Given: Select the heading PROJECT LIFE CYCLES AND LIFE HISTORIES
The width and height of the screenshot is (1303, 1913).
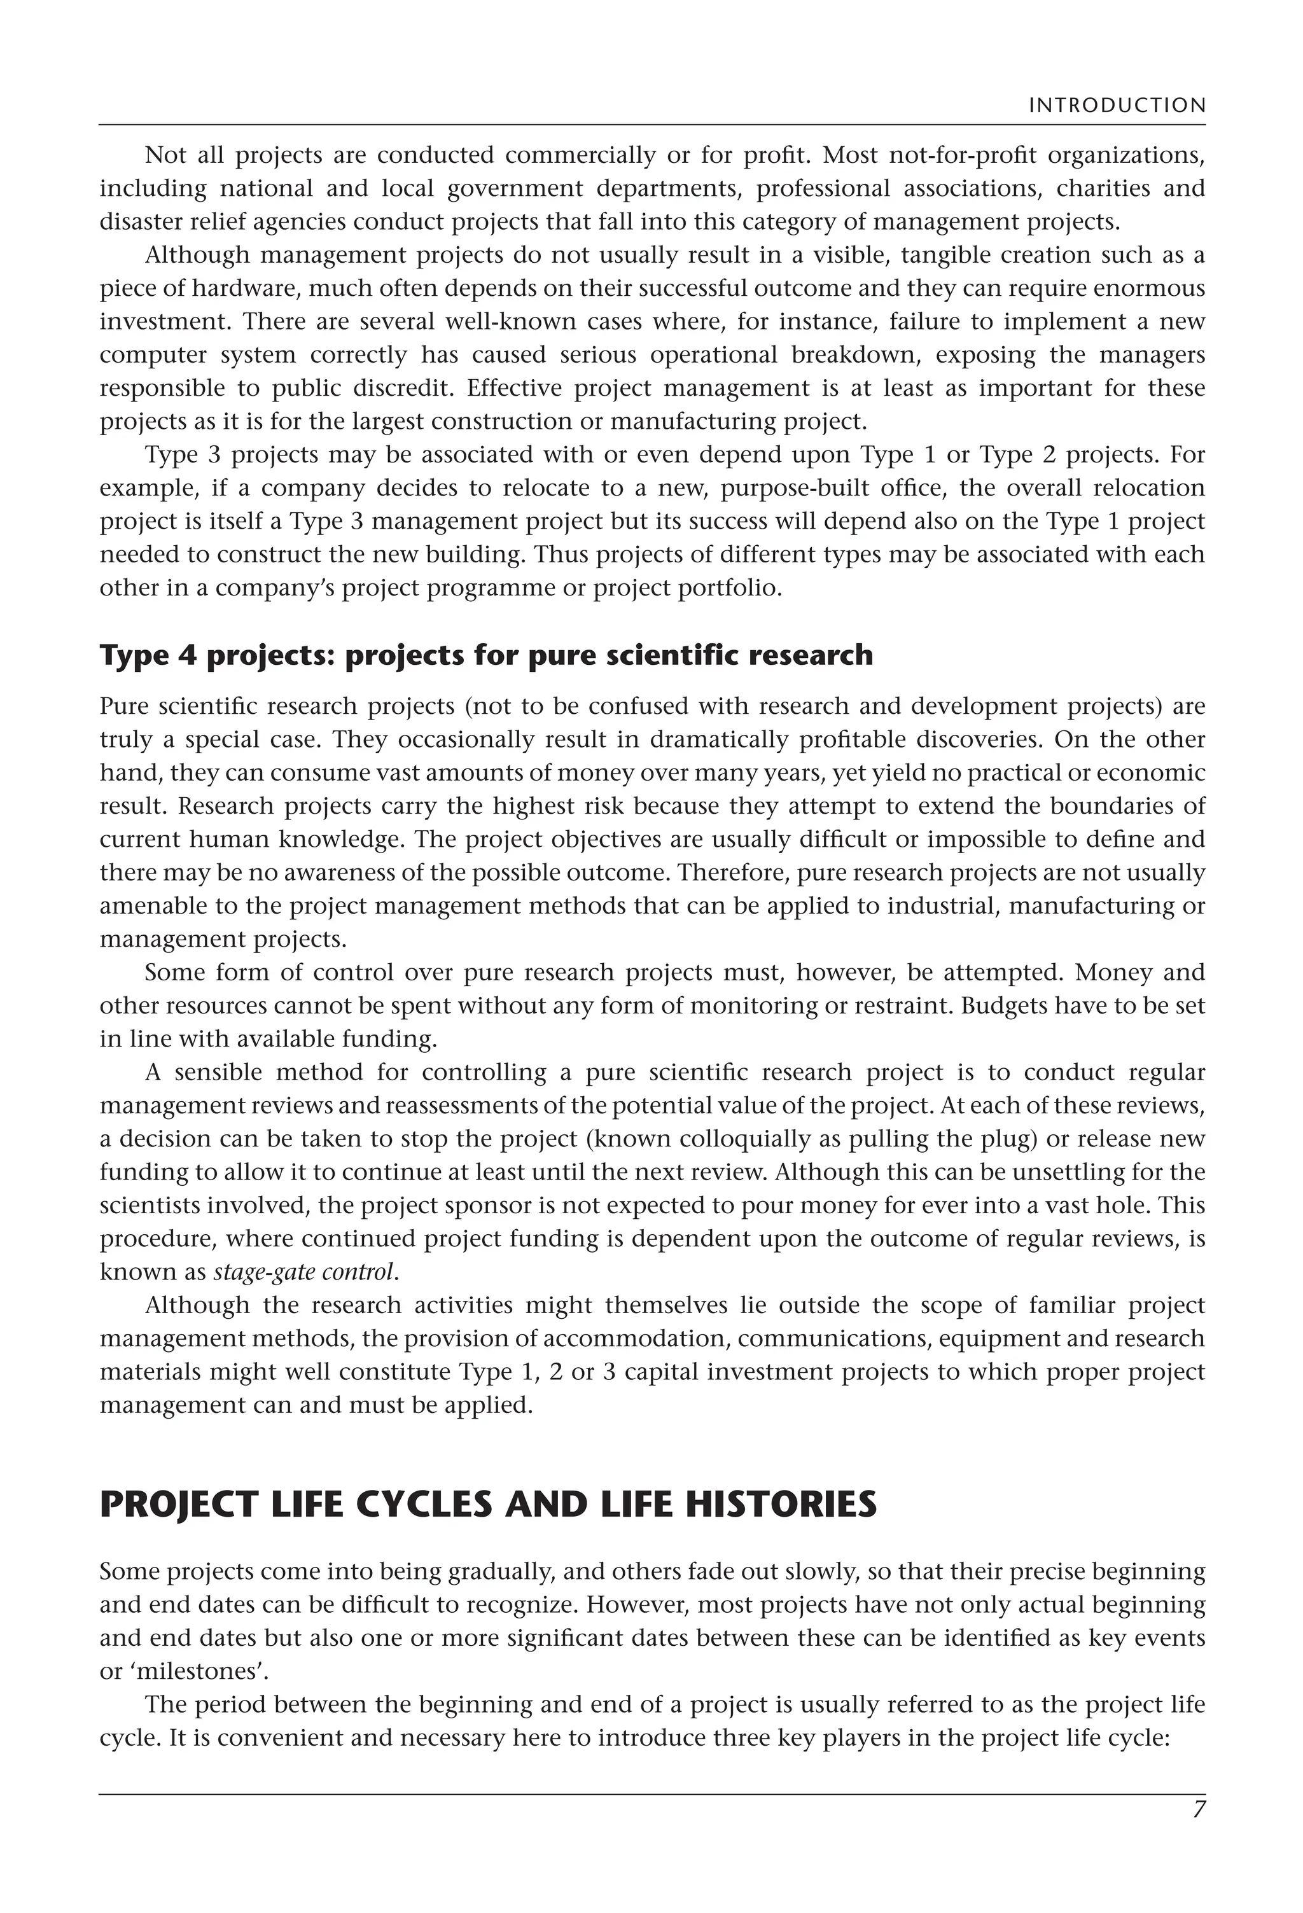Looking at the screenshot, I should (487, 1504).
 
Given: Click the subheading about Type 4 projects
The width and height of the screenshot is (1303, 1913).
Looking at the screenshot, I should (485, 655).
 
